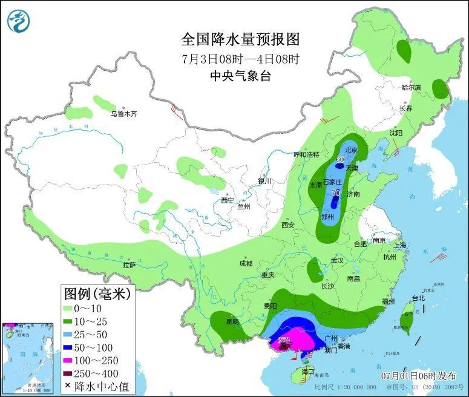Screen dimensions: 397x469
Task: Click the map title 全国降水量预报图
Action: click(x=240, y=39)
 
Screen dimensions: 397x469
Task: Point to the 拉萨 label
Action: click(x=129, y=264)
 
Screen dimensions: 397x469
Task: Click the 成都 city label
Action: click(x=245, y=263)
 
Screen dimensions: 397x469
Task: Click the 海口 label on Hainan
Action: click(x=309, y=371)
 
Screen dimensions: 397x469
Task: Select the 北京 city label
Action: click(x=351, y=149)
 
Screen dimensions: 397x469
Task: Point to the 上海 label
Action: click(x=399, y=245)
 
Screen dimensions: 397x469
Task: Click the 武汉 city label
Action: click(x=337, y=260)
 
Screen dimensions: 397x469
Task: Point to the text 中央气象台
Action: click(x=240, y=76)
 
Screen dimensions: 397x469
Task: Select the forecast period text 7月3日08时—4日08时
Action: click(x=240, y=59)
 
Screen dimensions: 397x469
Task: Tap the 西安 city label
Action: click(x=287, y=225)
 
